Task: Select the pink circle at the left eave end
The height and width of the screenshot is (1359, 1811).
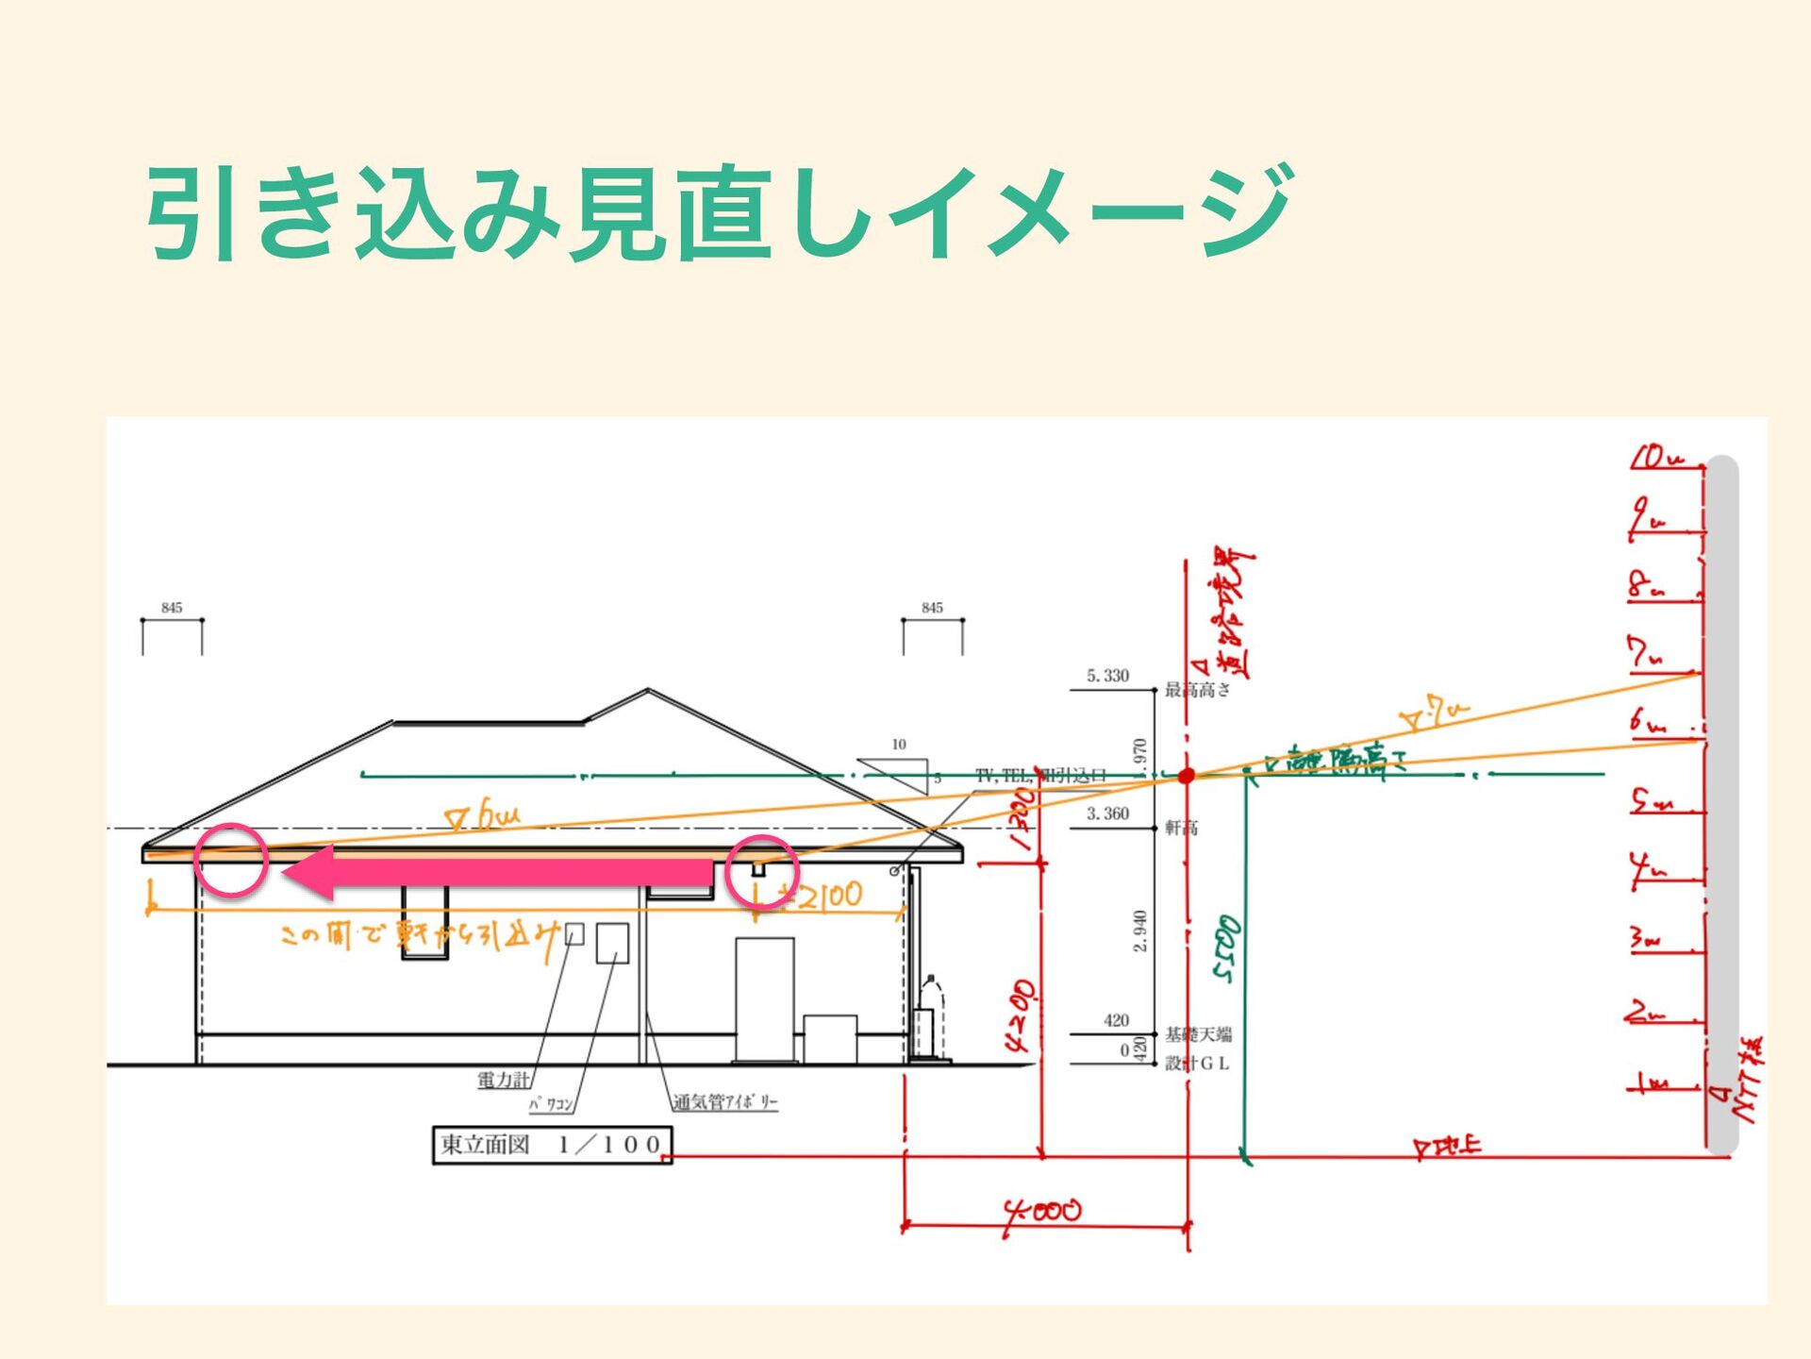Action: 231,860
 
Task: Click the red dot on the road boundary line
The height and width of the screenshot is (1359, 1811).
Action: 1187,775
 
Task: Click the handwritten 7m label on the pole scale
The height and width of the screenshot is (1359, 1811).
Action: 1646,653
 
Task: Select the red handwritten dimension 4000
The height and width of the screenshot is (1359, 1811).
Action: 1042,1211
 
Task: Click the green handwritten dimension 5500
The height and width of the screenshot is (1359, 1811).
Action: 1226,948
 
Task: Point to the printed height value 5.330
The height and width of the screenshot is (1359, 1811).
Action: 1107,676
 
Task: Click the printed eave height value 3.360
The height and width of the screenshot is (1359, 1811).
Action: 1107,814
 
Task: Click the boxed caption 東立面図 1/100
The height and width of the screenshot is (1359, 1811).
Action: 552,1145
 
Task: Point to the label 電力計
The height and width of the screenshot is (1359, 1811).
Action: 504,1080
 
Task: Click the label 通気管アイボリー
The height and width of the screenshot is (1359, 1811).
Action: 724,1101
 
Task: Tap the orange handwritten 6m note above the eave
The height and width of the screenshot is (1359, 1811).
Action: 483,814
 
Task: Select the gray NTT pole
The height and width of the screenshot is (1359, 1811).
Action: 1723,802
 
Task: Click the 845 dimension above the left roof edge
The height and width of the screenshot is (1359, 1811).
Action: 172,608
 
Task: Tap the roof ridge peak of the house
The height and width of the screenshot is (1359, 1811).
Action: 648,691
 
